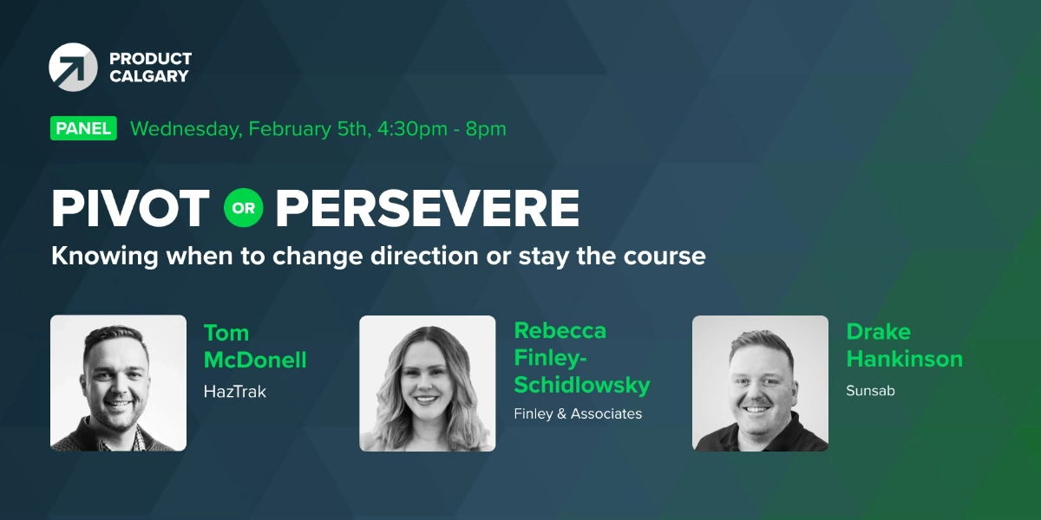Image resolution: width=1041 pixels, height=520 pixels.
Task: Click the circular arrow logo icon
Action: coord(73,67)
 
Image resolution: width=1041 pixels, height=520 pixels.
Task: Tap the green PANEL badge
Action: coord(83,129)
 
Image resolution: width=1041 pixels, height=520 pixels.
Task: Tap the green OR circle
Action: coord(243,208)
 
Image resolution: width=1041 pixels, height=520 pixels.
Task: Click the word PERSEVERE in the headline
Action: coord(428,208)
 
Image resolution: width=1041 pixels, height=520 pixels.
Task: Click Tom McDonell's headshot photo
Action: coord(118,383)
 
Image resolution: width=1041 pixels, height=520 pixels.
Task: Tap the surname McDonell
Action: coord(255,361)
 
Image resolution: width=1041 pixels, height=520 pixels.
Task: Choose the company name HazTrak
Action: coord(234,392)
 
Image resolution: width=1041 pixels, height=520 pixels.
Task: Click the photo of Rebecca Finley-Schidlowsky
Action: coord(427,383)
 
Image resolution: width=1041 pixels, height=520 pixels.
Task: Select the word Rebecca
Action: coord(560,330)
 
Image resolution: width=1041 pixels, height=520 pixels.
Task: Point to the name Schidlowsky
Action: coord(581,384)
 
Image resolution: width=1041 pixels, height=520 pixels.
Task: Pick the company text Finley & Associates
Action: coord(578,414)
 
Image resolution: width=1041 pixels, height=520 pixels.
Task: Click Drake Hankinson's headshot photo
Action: coord(760,383)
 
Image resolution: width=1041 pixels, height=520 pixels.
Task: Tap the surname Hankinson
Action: coord(904,359)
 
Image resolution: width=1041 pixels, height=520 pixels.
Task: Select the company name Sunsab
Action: coord(870,391)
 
